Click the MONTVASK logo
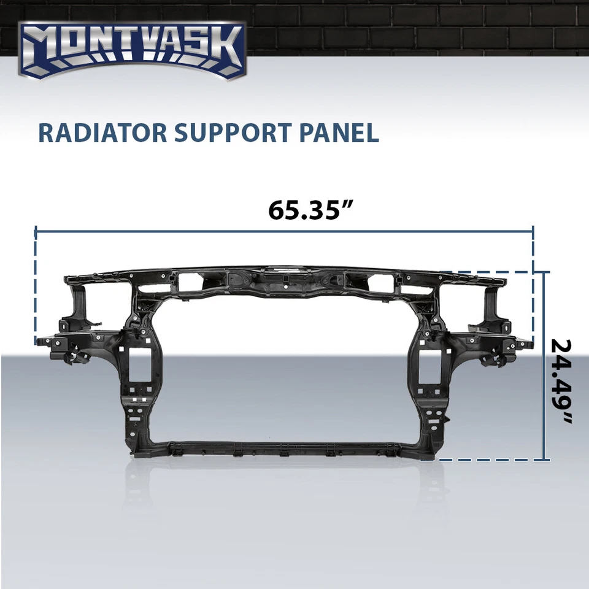pyautogui.click(x=132, y=50)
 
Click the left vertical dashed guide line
pyautogui.click(x=36, y=288)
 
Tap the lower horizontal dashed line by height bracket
pyautogui.click(x=491, y=460)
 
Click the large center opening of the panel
pyautogui.click(x=288, y=368)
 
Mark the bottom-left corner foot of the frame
pyautogui.click(x=138, y=452)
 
